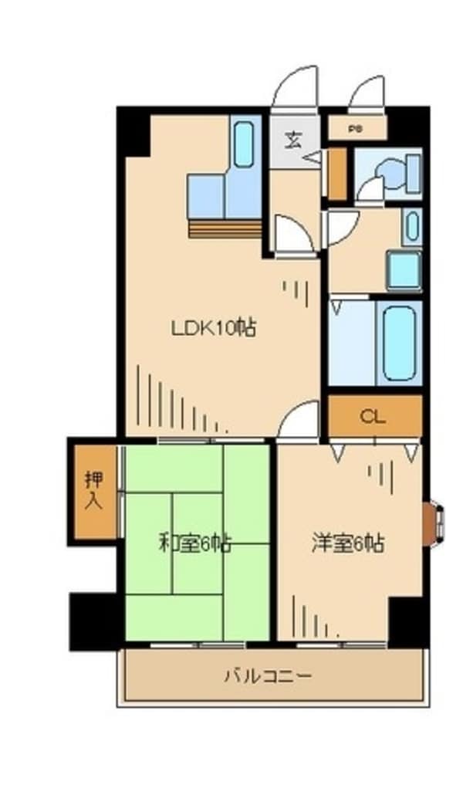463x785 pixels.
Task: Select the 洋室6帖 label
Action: (x=347, y=543)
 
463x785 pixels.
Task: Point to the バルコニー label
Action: (x=269, y=677)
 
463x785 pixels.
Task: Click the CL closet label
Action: (x=374, y=417)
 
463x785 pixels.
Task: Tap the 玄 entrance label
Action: (x=294, y=140)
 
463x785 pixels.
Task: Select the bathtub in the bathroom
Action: (x=399, y=343)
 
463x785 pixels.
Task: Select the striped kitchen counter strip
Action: (x=225, y=229)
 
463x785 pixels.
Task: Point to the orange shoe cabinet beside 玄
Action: (x=336, y=174)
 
